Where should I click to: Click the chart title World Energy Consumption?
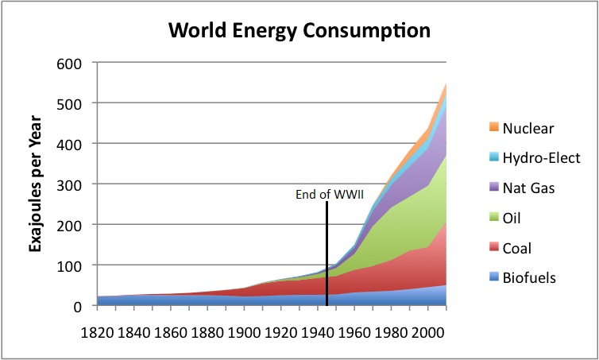(299, 32)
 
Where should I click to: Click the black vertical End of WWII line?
(327, 254)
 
